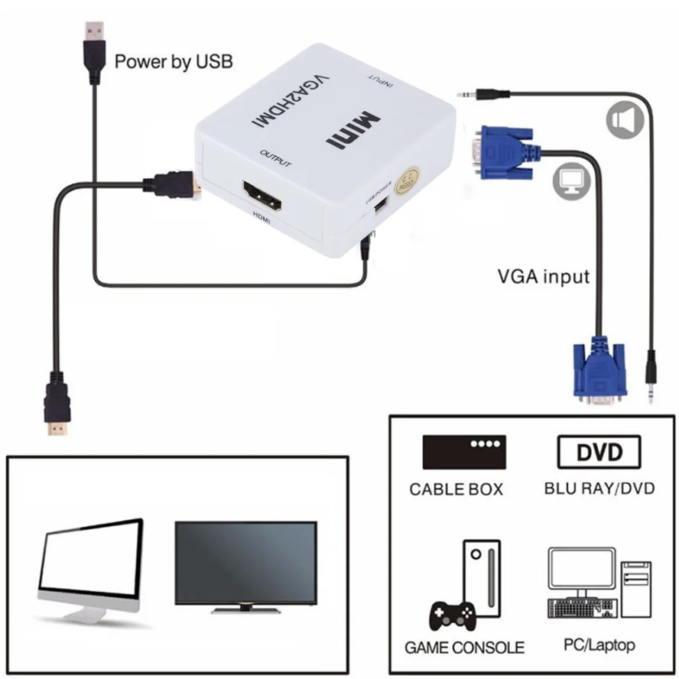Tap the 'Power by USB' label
[x=174, y=61]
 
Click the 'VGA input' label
[x=544, y=276]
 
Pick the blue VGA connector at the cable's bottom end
[x=600, y=372]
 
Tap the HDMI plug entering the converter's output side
[x=173, y=184]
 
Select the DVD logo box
[x=599, y=452]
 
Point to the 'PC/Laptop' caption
[x=599, y=645]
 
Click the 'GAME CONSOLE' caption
[x=464, y=648]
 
